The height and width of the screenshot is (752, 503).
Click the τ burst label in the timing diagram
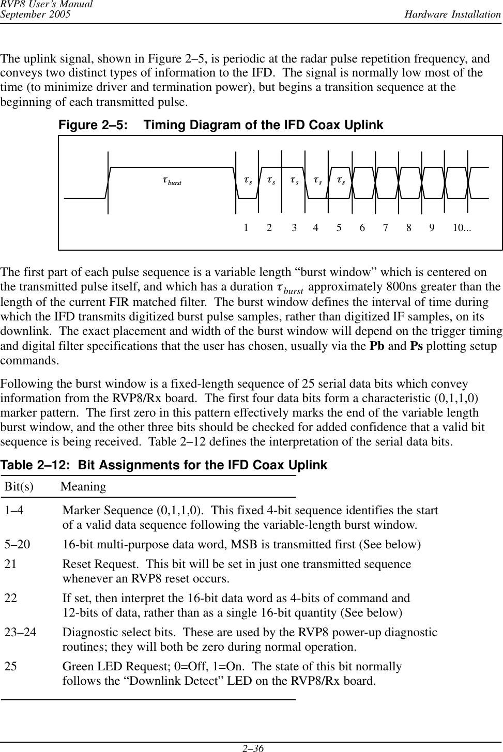[172, 181]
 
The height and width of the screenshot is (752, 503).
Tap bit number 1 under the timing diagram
[247, 227]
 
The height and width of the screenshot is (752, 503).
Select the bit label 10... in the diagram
[462, 227]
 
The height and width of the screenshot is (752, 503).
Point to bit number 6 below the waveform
[362, 227]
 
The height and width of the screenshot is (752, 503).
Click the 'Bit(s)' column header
[19, 486]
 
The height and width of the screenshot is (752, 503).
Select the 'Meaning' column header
[83, 486]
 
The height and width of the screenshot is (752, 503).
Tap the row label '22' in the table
[10, 598]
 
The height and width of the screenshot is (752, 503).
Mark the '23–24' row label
[20, 632]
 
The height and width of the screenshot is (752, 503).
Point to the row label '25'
[10, 666]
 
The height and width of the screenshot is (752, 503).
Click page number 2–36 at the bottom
[252, 747]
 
